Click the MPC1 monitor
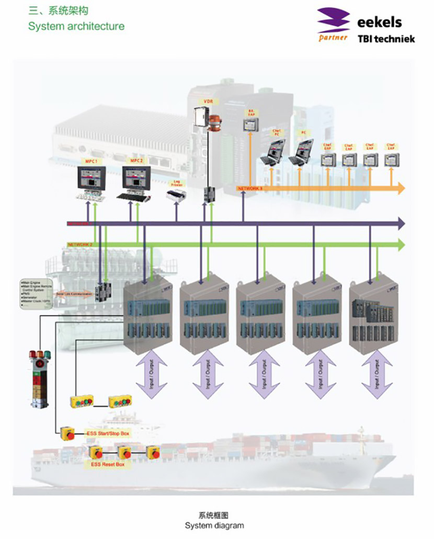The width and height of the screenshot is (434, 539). click(92, 179)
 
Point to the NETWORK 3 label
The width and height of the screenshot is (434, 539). click(250, 187)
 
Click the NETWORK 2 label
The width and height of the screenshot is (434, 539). click(80, 244)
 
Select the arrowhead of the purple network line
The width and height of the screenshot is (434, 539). click(400, 223)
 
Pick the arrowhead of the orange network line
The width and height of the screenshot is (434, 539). click(401, 188)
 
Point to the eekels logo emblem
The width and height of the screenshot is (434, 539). click(334, 23)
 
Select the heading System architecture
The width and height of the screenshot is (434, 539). click(76, 26)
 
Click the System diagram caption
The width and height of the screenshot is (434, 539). click(214, 525)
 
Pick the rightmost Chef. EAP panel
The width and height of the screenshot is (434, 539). click(390, 159)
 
